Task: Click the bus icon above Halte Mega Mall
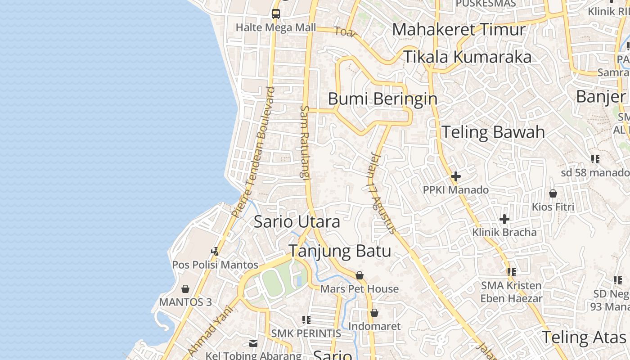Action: [276, 14]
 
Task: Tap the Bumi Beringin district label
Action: [382, 99]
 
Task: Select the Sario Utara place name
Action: [297, 222]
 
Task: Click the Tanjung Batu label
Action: [339, 251]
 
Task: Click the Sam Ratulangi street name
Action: [305, 143]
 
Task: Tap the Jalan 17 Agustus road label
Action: [382, 194]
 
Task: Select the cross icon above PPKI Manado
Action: [455, 176]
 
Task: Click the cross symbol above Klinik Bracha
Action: [504, 219]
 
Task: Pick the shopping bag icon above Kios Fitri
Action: [553, 193]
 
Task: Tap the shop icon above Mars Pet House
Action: [360, 275]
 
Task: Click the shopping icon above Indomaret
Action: [374, 313]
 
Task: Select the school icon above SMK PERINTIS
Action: [306, 320]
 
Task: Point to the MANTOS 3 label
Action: [185, 301]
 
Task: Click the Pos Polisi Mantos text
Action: [215, 265]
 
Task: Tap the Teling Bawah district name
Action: [493, 132]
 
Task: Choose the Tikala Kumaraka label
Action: [467, 57]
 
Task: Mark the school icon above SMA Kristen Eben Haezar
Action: [511, 272]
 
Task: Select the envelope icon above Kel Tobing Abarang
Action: [253, 343]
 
